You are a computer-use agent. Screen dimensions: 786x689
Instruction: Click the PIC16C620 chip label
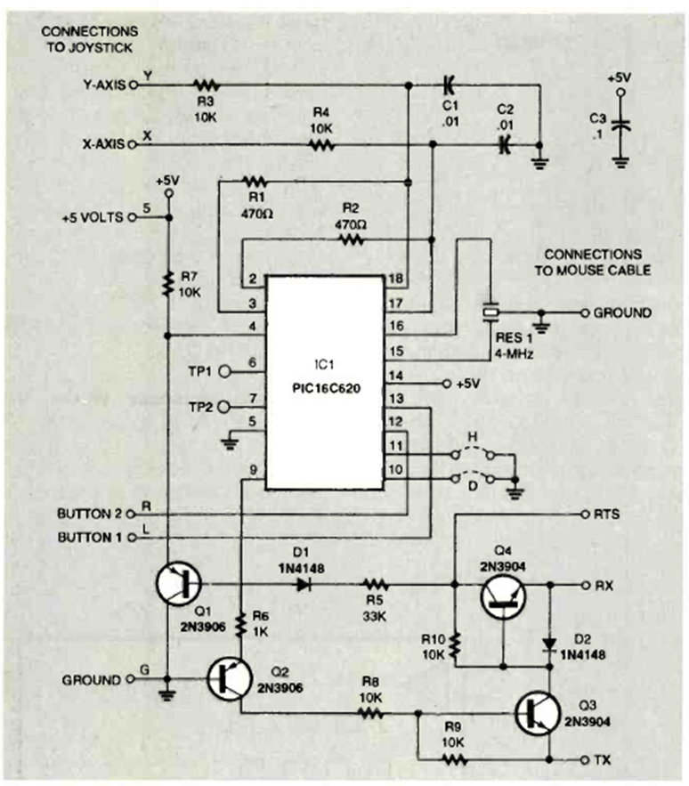324,389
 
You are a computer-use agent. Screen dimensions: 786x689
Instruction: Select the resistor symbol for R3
207,85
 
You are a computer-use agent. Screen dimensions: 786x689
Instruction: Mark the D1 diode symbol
305,585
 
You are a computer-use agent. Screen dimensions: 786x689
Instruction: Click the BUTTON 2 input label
91,515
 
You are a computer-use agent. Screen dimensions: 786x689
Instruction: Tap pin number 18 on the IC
396,280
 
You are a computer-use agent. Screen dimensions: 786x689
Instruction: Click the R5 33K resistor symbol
375,585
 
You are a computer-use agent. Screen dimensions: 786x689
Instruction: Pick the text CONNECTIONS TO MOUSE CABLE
594,262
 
